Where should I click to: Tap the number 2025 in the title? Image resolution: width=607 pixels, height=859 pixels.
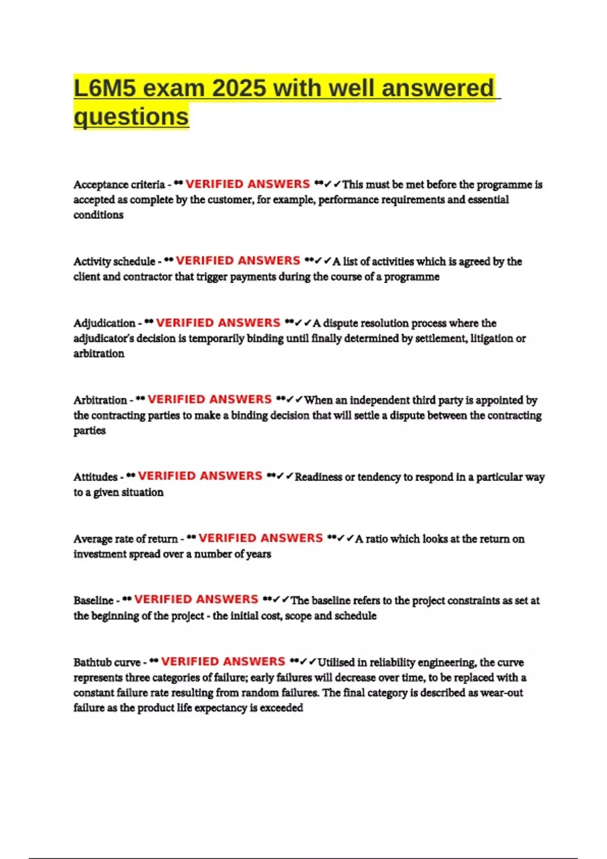coord(239,88)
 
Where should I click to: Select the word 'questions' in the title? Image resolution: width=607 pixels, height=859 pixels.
coord(131,117)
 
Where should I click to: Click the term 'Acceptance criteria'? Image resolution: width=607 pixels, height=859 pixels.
coord(119,184)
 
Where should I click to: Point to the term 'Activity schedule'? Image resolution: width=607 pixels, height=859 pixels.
coord(114,261)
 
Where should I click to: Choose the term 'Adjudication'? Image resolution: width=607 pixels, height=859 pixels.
coord(104,323)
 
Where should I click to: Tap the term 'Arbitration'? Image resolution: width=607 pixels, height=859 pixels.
coord(100,400)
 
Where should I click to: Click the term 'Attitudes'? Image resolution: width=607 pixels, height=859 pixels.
coord(95,477)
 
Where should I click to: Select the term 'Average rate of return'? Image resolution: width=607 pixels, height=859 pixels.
coord(125,539)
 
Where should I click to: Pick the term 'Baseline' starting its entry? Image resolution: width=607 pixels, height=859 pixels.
coord(93,600)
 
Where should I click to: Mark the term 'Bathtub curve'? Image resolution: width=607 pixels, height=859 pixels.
coord(107,662)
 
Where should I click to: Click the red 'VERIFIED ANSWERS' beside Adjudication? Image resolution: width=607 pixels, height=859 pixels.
coord(218,322)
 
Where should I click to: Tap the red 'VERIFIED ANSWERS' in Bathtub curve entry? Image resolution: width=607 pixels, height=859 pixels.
coord(223,661)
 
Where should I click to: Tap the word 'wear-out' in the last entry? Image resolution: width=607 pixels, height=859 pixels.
coord(501,693)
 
